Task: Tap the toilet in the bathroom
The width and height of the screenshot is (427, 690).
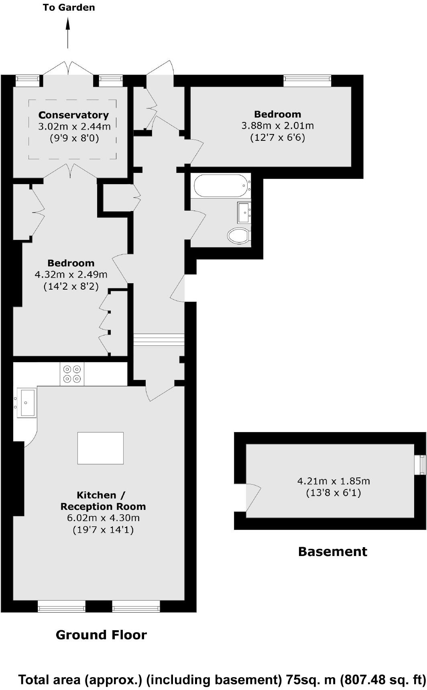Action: [238, 235]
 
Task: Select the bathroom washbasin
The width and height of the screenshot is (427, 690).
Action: [243, 212]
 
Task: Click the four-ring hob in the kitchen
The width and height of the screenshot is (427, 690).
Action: [72, 374]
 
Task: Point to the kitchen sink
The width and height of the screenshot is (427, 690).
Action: [26, 402]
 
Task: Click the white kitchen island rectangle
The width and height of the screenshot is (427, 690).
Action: [100, 448]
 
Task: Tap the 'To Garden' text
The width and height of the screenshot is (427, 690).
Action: [69, 8]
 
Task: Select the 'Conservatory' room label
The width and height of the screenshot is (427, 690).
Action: [73, 115]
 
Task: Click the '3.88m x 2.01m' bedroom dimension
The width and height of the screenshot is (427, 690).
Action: [277, 126]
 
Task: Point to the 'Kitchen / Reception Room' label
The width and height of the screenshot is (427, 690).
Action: [103, 501]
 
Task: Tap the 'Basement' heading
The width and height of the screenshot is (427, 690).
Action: [332, 552]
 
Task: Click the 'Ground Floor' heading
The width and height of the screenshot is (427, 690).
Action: [101, 635]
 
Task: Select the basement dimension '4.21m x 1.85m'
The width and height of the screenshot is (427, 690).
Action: [333, 481]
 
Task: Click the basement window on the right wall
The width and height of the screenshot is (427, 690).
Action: [421, 465]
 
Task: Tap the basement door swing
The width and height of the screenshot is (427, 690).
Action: [253, 497]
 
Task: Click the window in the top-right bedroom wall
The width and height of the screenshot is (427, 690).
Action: [307, 81]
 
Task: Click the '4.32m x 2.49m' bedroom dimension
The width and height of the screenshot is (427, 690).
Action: [71, 275]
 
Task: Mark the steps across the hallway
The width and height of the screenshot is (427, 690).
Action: [159, 339]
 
